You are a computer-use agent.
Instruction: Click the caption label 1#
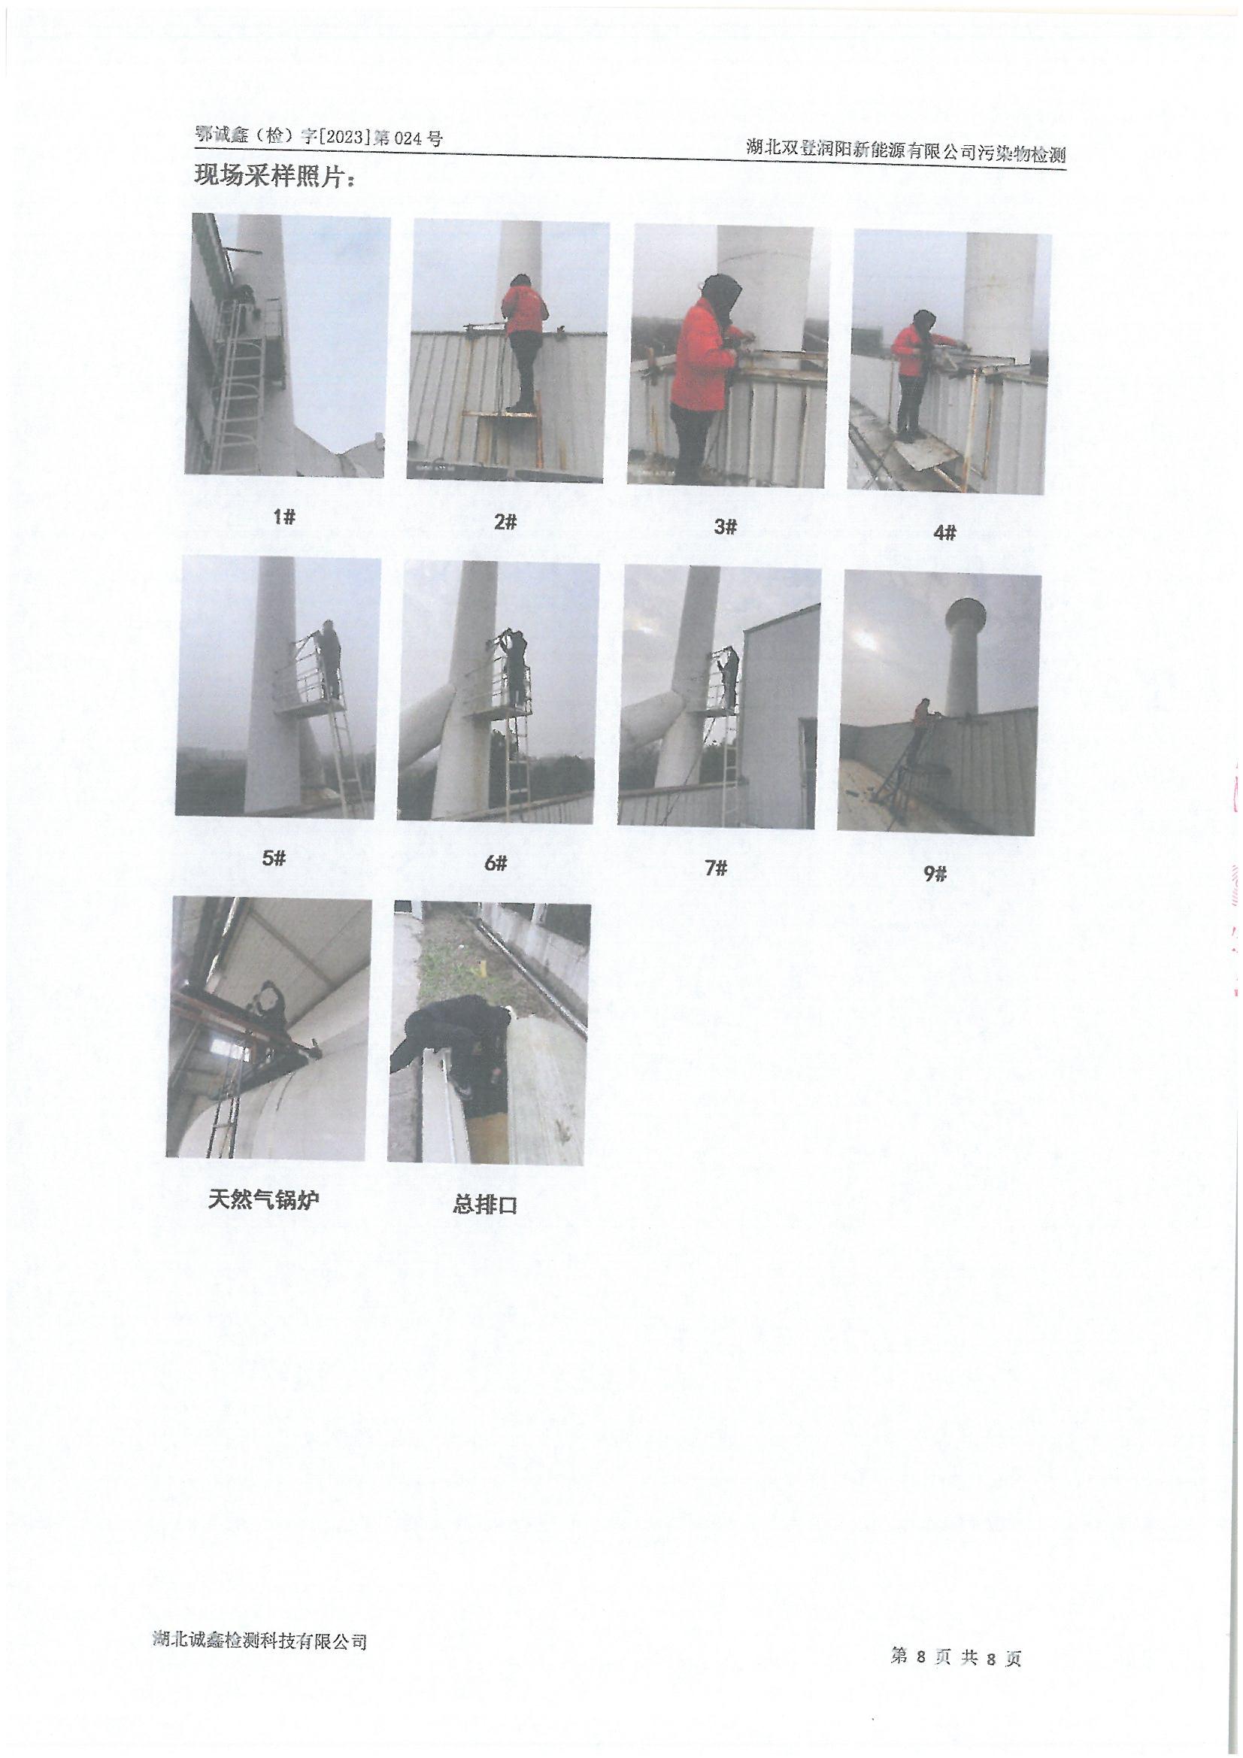click(284, 517)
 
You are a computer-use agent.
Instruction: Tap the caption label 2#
click(505, 522)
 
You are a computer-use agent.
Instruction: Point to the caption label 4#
click(945, 532)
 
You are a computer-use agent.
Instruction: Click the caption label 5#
click(274, 859)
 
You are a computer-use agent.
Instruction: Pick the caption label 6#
click(496, 864)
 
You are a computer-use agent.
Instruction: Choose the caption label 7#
click(715, 868)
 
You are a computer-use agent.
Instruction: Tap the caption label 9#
click(935, 874)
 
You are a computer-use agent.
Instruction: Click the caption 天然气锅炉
click(263, 1199)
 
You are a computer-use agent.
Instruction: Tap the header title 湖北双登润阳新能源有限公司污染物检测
click(906, 152)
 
